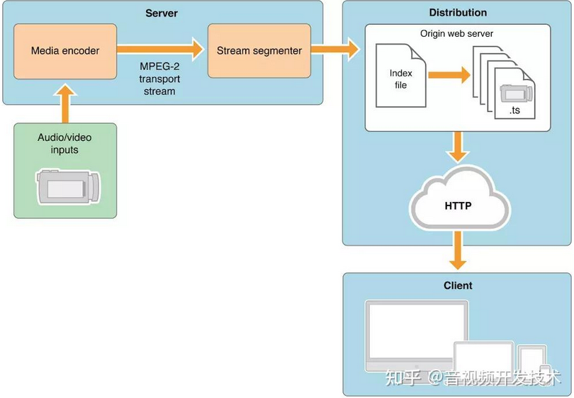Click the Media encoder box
(x=65, y=51)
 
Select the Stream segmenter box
(x=259, y=51)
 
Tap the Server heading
(x=162, y=13)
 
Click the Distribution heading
(x=458, y=13)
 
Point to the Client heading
(x=458, y=285)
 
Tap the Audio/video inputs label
(x=65, y=144)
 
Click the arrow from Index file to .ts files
(x=447, y=74)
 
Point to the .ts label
(x=514, y=111)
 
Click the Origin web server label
(x=457, y=33)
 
